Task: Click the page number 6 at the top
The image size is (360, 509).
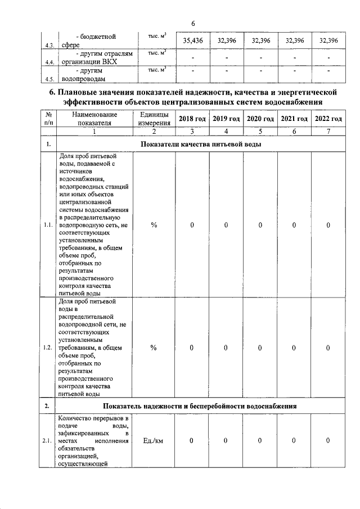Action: pos(192,24)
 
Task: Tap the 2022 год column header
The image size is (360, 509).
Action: pos(328,118)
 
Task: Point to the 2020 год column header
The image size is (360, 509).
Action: pos(260,118)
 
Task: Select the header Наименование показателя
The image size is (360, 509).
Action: pos(94,118)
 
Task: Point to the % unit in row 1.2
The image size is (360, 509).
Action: pos(154,348)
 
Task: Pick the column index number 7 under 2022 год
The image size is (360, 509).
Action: pos(328,132)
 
